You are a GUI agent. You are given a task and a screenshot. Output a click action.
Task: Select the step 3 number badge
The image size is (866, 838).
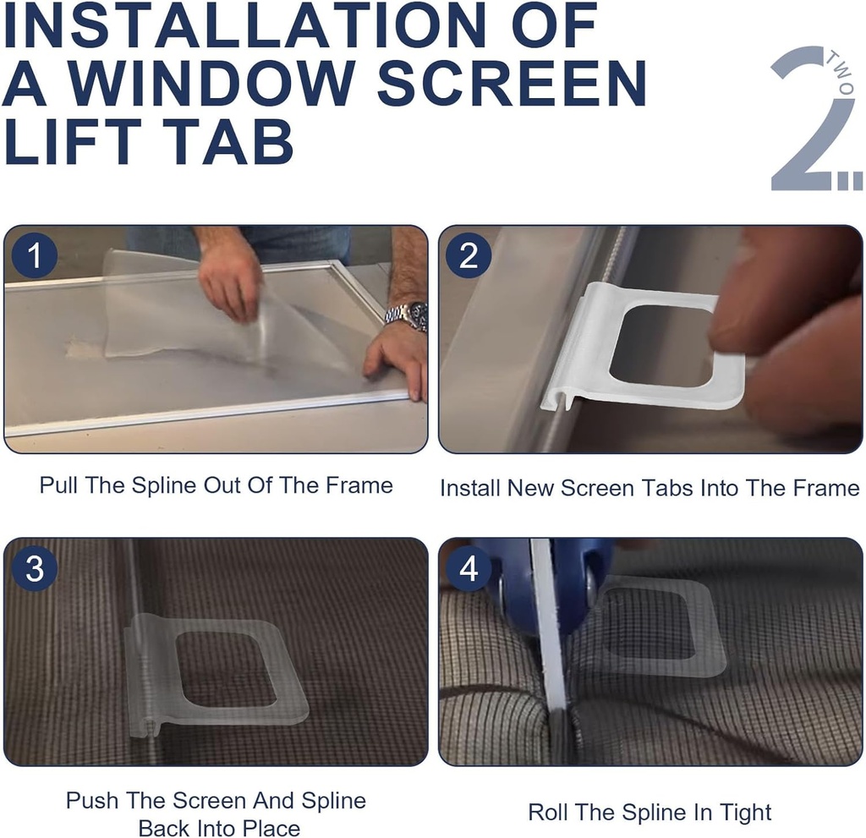[x=35, y=569]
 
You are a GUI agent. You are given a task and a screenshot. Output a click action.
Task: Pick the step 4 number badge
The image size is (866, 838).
[x=469, y=569]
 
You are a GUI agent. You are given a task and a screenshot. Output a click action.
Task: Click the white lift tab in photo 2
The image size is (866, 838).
[x=643, y=347]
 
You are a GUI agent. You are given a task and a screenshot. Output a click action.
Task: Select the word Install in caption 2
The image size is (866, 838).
[x=470, y=488]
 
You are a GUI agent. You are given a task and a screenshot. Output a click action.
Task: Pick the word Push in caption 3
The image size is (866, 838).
[x=92, y=800]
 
